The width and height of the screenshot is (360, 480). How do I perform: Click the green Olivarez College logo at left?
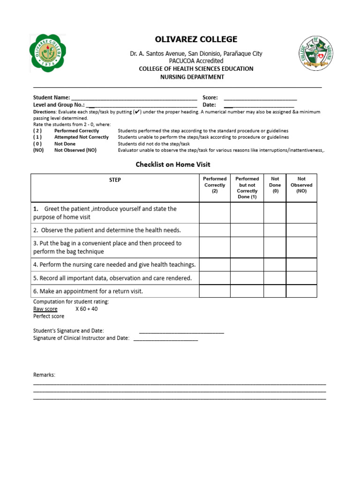tap(48, 53)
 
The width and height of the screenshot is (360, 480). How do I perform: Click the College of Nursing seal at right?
tap(318, 53)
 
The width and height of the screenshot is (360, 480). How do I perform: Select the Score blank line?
tap(260, 99)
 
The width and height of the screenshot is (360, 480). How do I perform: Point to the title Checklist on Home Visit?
tap(173, 165)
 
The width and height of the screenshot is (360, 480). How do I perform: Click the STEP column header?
tap(115, 180)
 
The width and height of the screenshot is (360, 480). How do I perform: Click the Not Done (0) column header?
tap(275, 185)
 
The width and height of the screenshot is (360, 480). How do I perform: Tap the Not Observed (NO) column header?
tap(301, 185)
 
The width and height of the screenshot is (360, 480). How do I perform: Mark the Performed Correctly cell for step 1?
tap(215, 213)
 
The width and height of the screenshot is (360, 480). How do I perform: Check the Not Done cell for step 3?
tap(275, 247)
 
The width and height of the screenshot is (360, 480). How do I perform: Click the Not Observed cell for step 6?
tap(301, 291)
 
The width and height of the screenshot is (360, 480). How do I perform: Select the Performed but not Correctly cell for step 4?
tap(247, 265)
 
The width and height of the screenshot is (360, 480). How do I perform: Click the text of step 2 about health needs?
tap(107, 230)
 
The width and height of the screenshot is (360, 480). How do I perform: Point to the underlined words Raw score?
tap(45, 309)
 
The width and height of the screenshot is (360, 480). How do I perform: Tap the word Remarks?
tap(44, 375)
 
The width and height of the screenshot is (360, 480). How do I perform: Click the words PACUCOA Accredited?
tap(196, 61)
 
